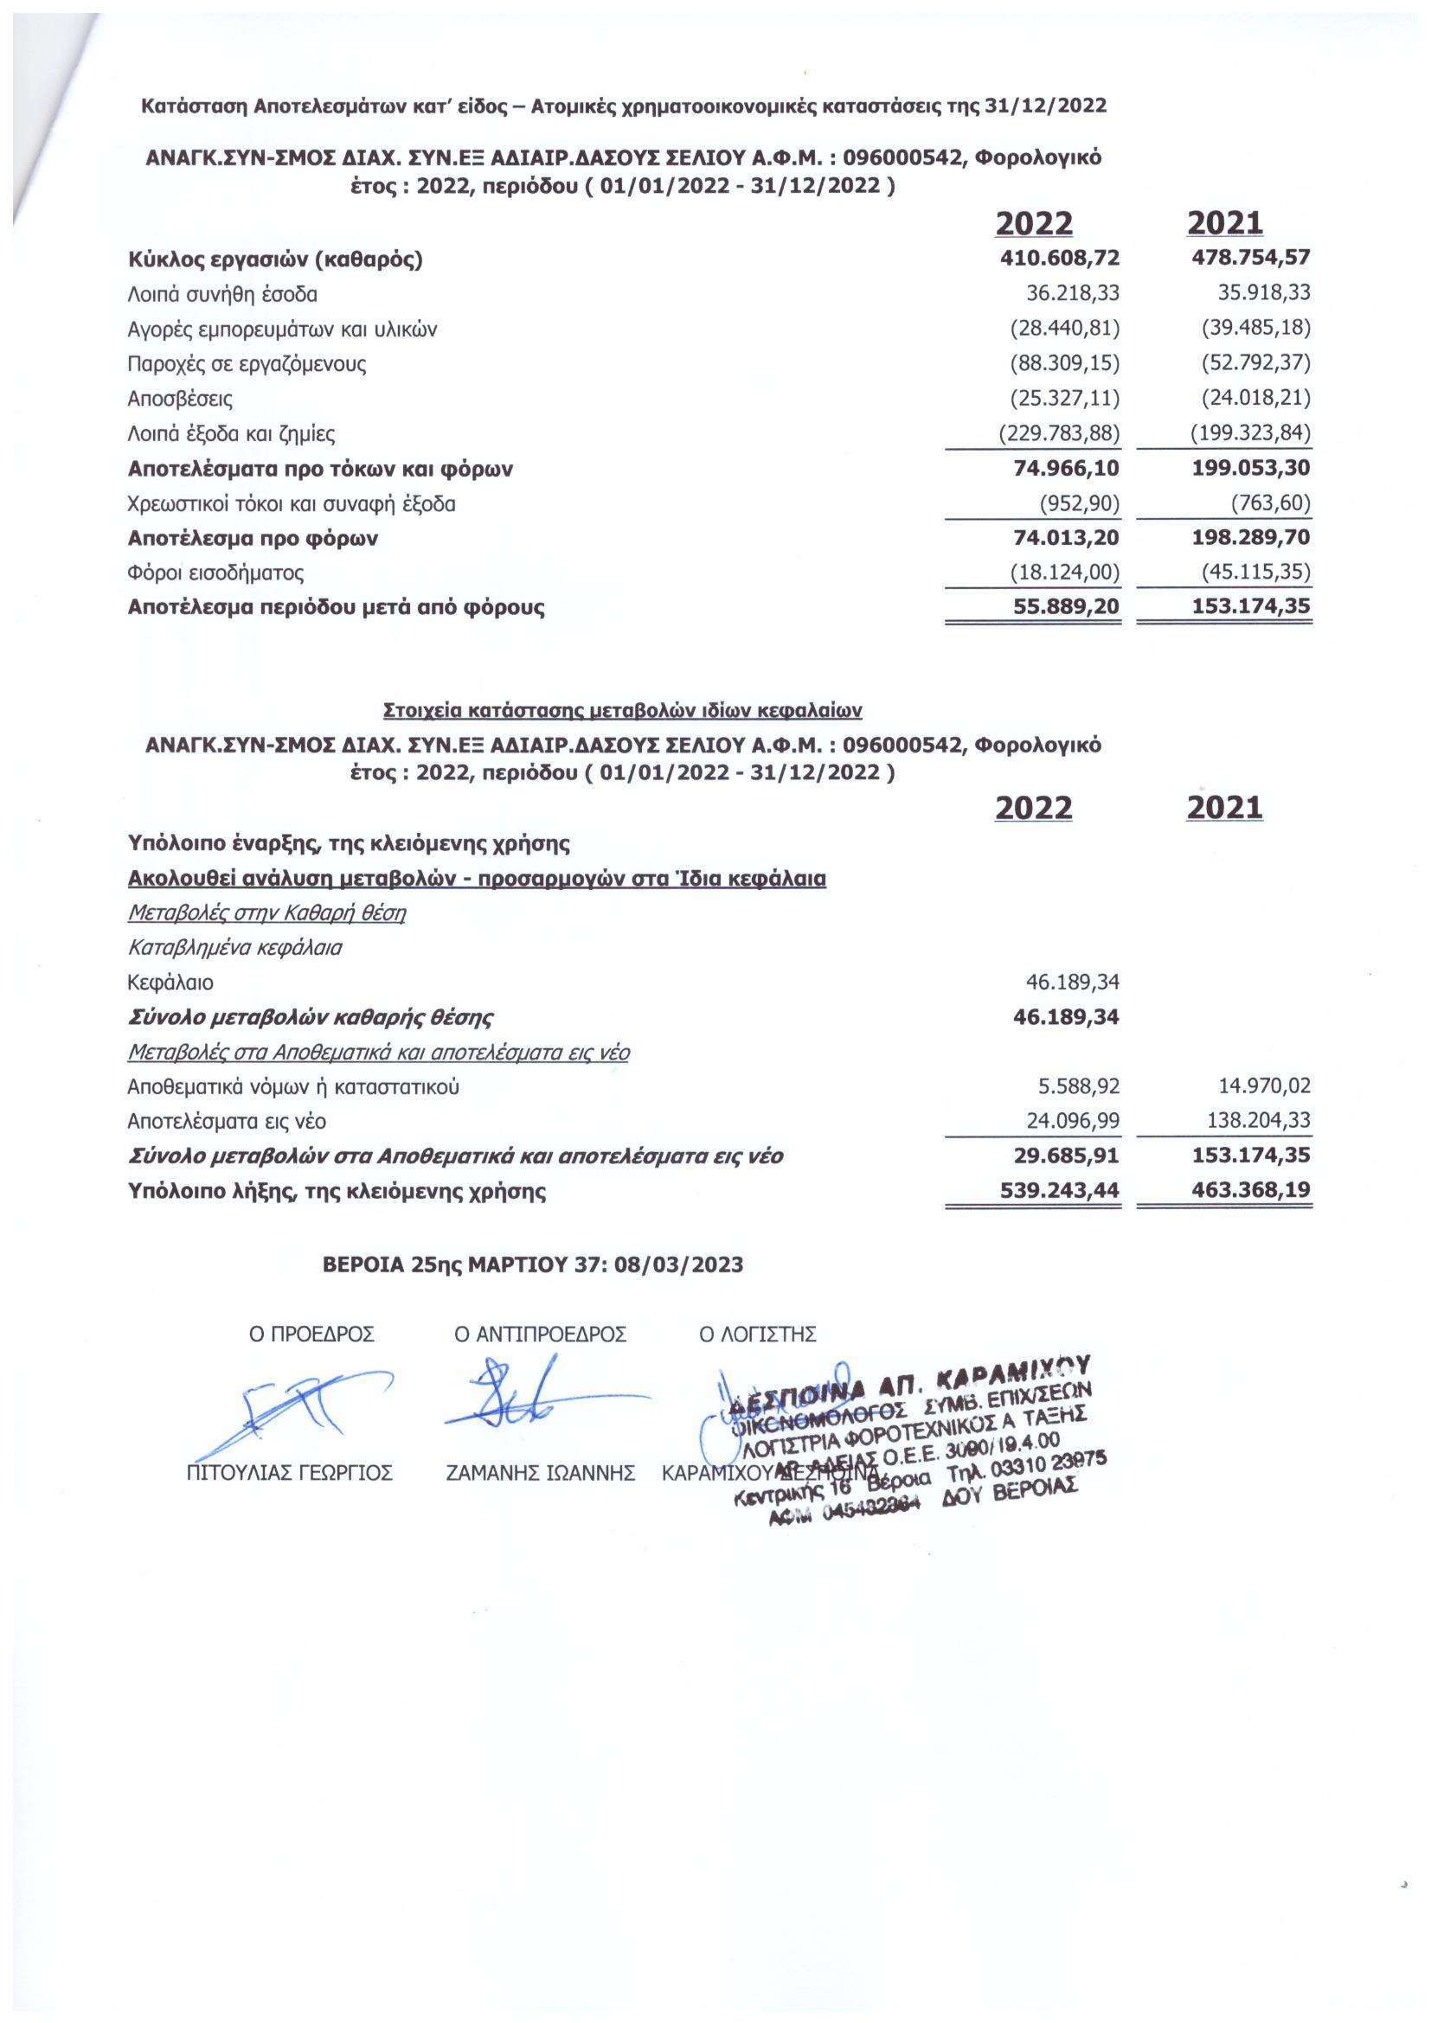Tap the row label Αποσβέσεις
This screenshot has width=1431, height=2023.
tap(181, 399)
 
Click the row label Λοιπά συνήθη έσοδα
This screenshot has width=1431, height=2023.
tap(222, 294)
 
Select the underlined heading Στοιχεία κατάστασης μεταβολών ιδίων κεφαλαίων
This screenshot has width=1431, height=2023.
tap(623, 709)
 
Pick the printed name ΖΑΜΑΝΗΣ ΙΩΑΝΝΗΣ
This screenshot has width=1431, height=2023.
tap(541, 1473)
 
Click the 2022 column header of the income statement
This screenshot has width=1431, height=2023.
tap(1034, 224)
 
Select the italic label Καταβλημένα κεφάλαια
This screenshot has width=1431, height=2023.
tap(235, 948)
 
